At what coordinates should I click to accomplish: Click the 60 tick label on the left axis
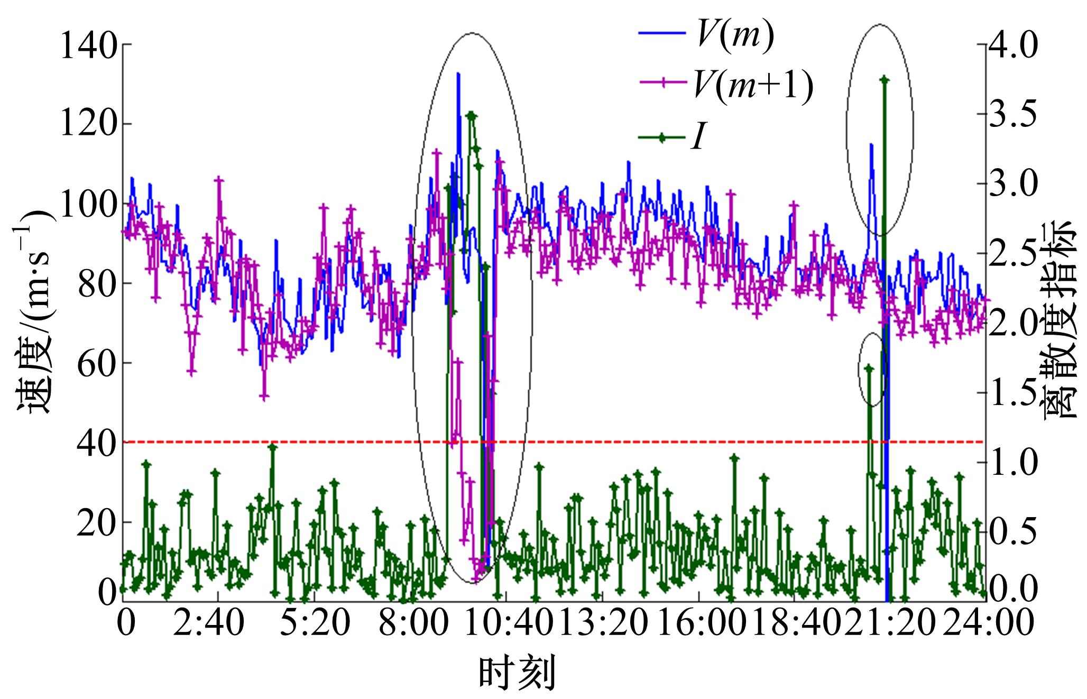96,363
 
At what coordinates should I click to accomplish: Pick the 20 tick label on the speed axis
96,522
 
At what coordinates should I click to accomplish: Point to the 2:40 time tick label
218,624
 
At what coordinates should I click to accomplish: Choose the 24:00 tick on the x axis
988,624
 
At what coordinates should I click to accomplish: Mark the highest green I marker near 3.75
885,80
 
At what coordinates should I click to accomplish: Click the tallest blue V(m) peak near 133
458,74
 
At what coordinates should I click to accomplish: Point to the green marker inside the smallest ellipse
869,368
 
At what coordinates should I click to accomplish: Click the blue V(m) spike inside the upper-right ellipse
871,144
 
